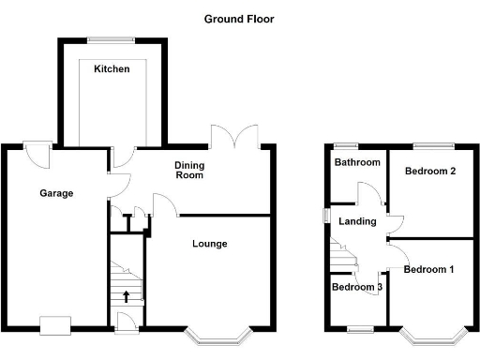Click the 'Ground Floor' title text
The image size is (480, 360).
tap(239, 19)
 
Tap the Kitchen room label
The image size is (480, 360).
tap(112, 69)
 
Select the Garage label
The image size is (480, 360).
tap(56, 193)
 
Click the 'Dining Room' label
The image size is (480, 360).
tap(190, 170)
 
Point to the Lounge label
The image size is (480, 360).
tap(210, 244)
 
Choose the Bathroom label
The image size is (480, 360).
tap(358, 162)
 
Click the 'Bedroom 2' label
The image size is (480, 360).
tap(429, 172)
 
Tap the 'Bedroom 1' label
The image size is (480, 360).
tap(428, 269)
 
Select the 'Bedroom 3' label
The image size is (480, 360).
tap(357, 287)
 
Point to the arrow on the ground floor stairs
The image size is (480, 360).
tap(127, 297)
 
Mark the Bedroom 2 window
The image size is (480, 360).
tap(431, 144)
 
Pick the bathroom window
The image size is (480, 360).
tap(348, 144)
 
